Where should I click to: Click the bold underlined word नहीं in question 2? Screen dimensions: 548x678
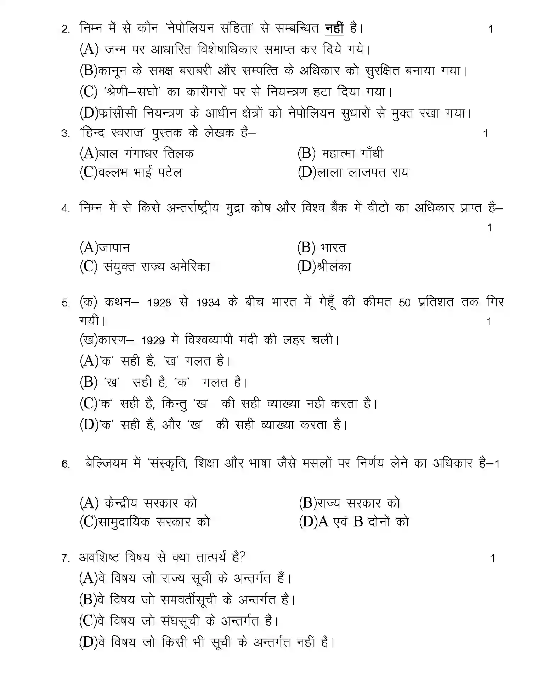pos(334,28)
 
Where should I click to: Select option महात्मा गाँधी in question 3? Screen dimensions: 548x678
pos(352,153)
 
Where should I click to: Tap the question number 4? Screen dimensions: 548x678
pos(66,209)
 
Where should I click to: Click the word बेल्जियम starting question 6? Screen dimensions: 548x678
pos(106,463)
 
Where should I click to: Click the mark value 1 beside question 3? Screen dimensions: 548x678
pos(486,134)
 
